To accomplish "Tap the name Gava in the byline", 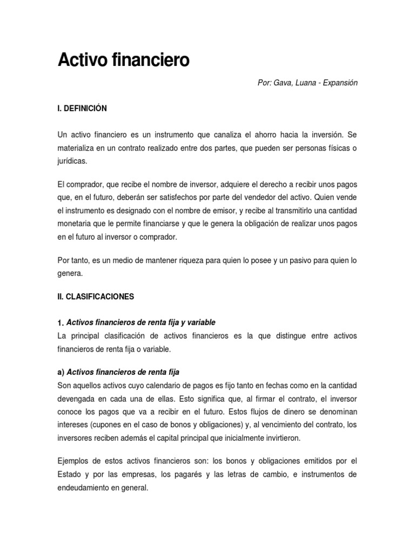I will coord(284,83).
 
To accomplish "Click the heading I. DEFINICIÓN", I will coord(82,109).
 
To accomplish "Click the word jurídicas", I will coord(71,160).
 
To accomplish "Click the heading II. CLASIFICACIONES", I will coord(95,296).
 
